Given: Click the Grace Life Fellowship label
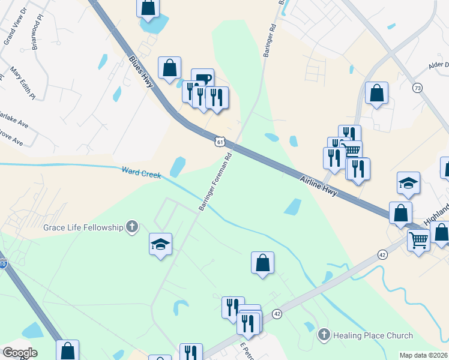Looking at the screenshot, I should point(82,227).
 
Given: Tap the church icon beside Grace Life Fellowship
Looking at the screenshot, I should point(132,227).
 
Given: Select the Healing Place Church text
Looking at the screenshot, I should point(373,335).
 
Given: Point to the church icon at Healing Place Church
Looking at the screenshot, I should point(324,335).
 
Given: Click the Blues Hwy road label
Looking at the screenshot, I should point(142,72).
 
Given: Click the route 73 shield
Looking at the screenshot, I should point(417,88).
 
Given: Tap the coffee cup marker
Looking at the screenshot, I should point(202,79).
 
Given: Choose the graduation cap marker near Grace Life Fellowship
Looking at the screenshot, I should point(160,244).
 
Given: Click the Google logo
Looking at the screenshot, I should point(20,352).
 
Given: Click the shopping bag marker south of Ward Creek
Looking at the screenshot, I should point(262,262).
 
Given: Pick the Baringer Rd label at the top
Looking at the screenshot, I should point(270,40).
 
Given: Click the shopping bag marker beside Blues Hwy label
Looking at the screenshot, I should point(169,67).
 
